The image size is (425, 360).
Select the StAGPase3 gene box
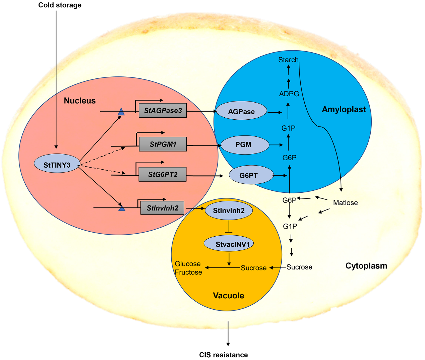point(163,111)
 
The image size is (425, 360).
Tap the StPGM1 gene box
point(163,144)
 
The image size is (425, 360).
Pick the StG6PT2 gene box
point(163,174)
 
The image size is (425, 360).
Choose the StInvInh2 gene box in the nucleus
point(163,208)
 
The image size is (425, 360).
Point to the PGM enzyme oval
point(244,145)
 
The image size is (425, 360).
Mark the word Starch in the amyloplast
point(288,60)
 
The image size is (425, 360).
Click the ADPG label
point(289,94)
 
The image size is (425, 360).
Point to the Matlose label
point(345,203)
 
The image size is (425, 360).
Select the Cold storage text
point(60,5)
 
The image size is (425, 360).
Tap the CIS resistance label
point(224,355)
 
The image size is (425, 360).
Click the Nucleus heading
point(80,101)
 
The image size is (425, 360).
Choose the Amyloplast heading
point(344,110)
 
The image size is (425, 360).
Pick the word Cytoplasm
point(366,266)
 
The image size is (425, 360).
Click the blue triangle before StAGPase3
point(121,112)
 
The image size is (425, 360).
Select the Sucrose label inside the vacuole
point(254,268)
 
